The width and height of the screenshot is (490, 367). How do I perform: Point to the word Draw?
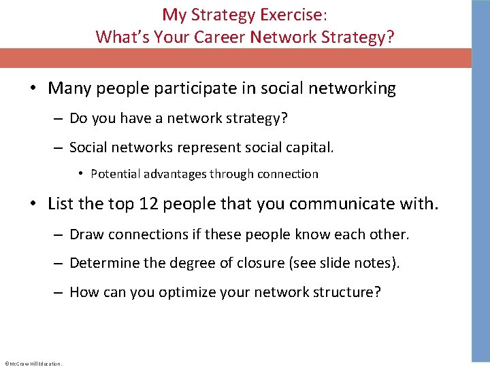84,234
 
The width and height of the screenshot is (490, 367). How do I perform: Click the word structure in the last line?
348,292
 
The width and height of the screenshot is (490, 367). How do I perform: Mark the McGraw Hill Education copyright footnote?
33,364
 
